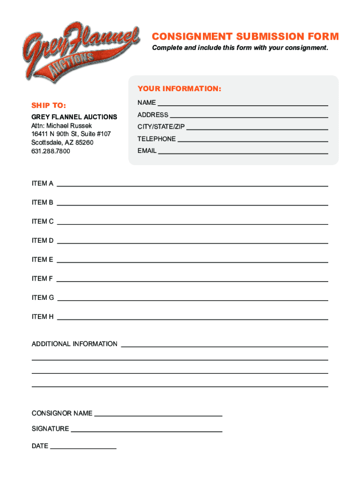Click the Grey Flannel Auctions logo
[79, 51]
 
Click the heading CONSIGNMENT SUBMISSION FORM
[245, 36]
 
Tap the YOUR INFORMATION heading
[179, 89]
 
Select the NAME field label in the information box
[146, 102]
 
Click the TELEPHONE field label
[156, 139]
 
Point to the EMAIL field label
[147, 151]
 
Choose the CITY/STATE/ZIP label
[161, 127]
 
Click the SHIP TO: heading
[49, 105]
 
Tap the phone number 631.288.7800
[50, 151]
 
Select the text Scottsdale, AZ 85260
[62, 142]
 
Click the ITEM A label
[43, 183]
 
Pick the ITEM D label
[43, 240]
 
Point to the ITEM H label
[43, 317]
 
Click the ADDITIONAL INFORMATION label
[74, 344]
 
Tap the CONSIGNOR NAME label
[62, 414]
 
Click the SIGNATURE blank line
[146, 431]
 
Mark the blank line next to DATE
[83, 448]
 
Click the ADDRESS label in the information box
[152, 115]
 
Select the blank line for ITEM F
[192, 281]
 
